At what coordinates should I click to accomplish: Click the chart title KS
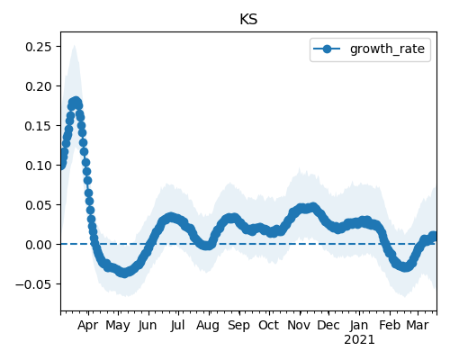click(x=248, y=20)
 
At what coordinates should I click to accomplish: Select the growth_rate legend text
click(x=387, y=49)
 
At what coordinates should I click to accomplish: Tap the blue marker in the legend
click(x=327, y=49)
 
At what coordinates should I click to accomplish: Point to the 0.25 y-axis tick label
click(x=39, y=47)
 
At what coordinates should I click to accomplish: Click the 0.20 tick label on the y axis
click(x=39, y=86)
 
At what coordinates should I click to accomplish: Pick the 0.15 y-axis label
click(x=39, y=126)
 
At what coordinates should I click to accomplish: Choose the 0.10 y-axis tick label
click(x=39, y=166)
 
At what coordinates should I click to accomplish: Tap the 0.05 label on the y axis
click(x=39, y=205)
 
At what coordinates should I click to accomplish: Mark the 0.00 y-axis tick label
click(x=39, y=245)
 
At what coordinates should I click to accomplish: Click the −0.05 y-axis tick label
click(x=33, y=284)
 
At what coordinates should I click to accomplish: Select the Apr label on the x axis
click(x=87, y=326)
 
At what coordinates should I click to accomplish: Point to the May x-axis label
click(x=118, y=326)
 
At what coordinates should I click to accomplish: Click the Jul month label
click(x=177, y=325)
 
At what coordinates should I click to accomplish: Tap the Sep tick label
click(x=238, y=326)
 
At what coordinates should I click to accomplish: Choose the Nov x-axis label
click(x=299, y=325)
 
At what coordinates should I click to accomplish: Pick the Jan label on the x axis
click(x=359, y=325)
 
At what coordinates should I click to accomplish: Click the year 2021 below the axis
click(x=359, y=340)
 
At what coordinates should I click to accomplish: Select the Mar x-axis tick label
click(x=418, y=325)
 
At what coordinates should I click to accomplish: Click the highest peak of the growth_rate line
click(x=76, y=101)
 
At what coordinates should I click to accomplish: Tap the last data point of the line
click(x=433, y=236)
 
